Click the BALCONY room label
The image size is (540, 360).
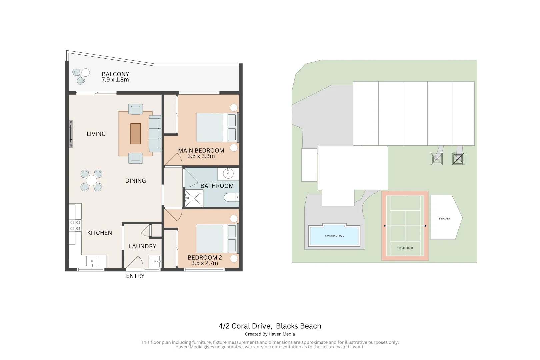115,74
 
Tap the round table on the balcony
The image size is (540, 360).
86,72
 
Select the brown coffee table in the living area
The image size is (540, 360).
135,134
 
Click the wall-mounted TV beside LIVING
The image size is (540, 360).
71,134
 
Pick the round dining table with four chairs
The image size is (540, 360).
91,181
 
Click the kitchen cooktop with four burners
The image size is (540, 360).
75,225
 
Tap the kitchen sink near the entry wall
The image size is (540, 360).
92,261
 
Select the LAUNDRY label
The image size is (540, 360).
142,246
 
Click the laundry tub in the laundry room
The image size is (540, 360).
155,261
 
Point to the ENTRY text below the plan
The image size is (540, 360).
135,276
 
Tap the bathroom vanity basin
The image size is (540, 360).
228,174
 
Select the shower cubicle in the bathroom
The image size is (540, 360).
194,198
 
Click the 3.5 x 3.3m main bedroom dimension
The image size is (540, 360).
201,156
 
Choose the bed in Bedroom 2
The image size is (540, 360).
217,238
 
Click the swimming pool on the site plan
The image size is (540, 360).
334,236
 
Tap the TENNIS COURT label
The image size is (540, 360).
405,248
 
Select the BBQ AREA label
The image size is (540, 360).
444,219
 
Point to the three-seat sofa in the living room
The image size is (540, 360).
155,134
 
